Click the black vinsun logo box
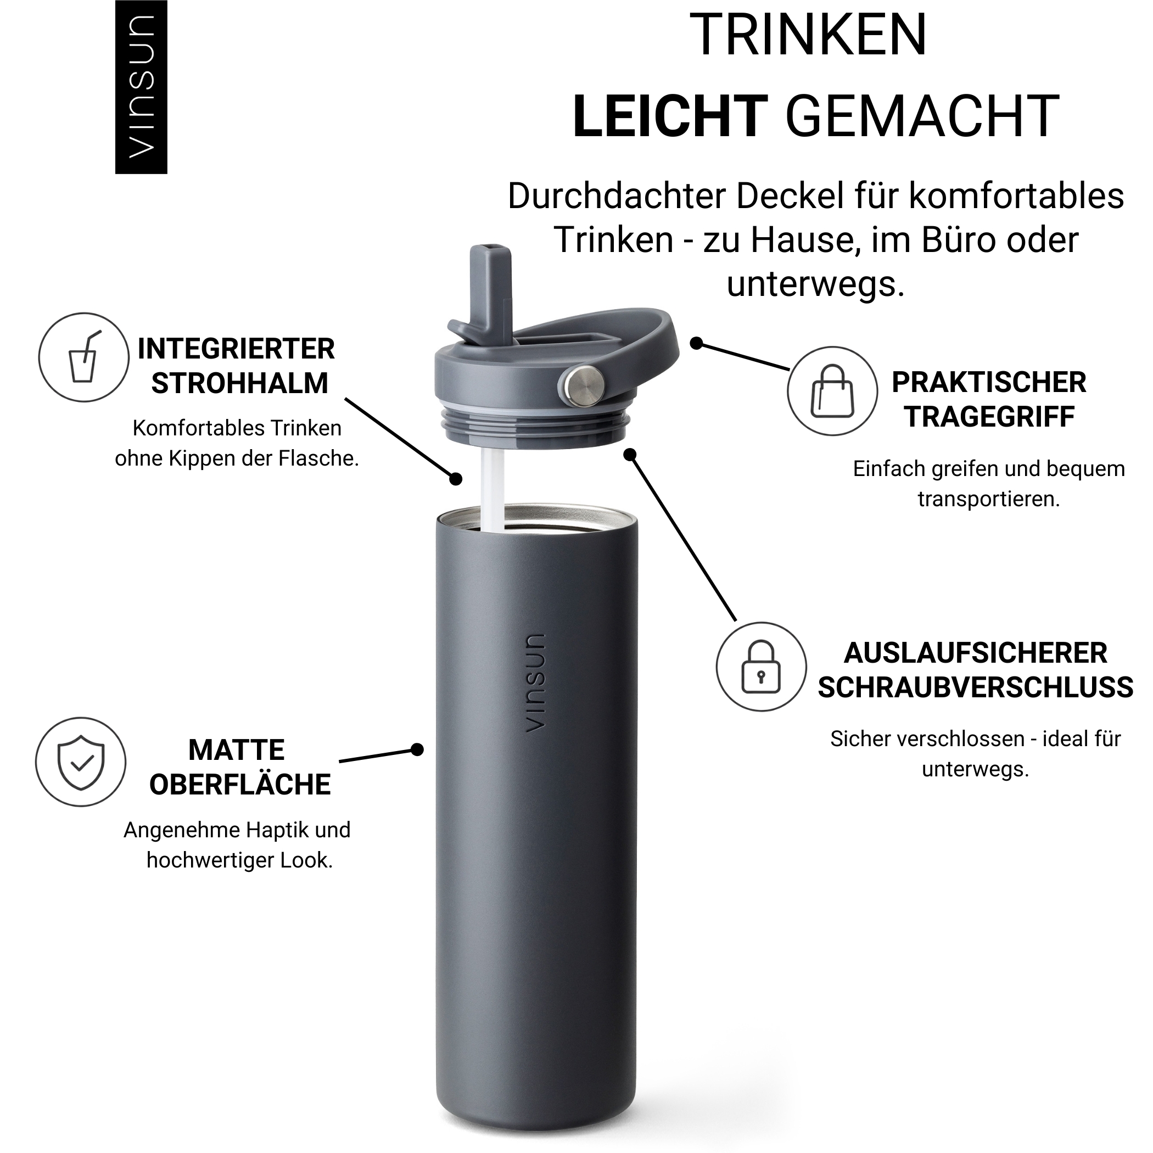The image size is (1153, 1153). (141, 87)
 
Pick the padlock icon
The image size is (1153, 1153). (761, 667)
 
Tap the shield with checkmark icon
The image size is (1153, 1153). (81, 762)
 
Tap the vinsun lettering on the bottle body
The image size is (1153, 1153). (534, 682)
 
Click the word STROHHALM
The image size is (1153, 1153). (240, 383)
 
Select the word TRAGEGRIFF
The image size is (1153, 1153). (989, 417)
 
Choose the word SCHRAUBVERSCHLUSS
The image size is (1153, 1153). (975, 687)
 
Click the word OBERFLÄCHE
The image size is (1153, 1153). (240, 784)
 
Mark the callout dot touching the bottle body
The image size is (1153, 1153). (418, 749)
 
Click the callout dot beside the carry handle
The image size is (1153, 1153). (696, 343)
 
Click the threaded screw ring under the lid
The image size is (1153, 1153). (535, 426)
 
